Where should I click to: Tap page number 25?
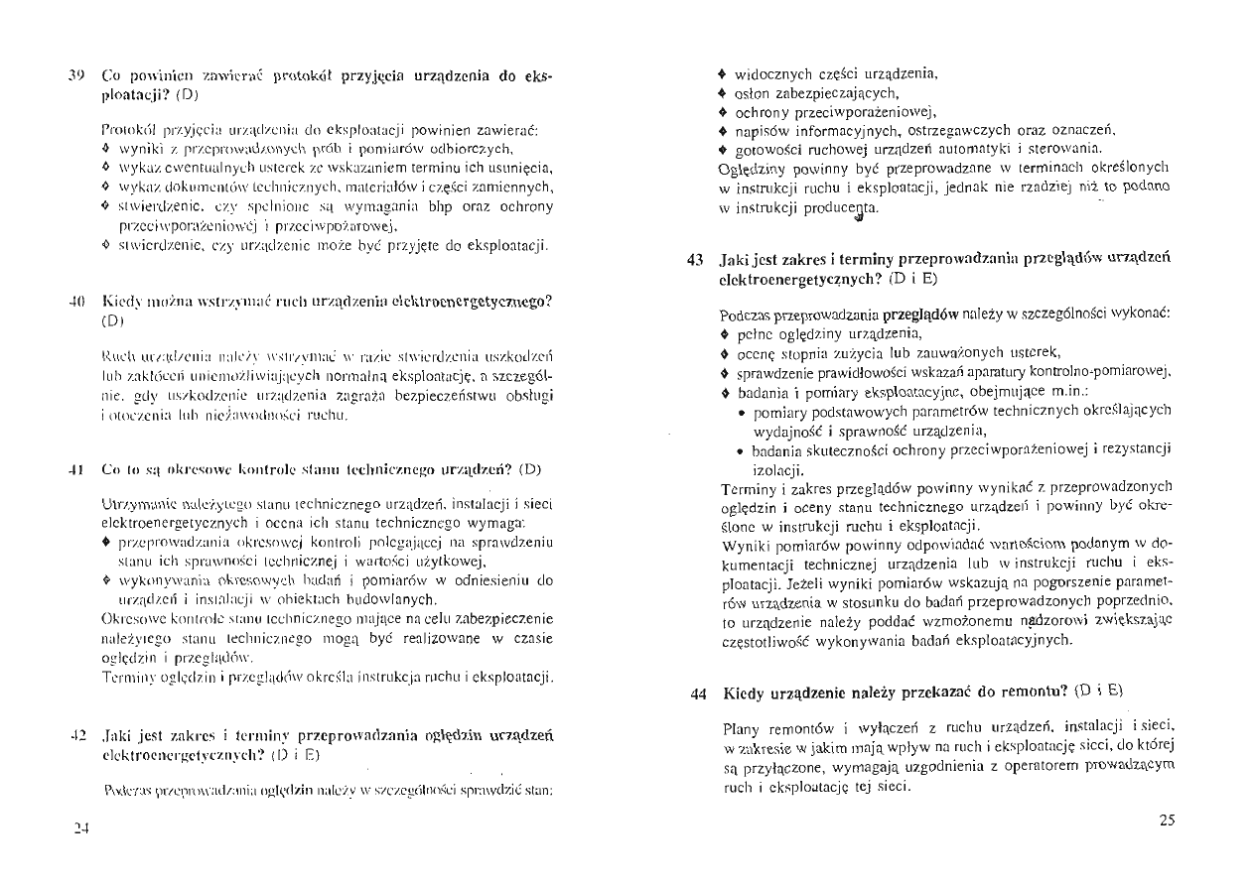pyautogui.click(x=1167, y=820)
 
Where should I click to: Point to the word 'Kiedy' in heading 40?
pyautogui.click(x=122, y=301)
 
